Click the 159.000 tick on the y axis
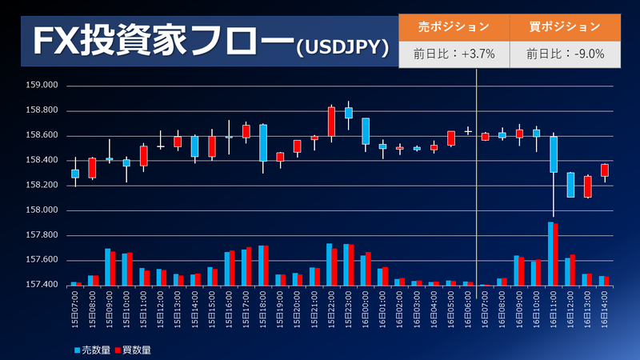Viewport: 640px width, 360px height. tap(42, 86)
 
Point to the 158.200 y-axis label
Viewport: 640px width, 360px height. tap(42, 185)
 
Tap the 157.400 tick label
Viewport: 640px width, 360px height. tap(42, 285)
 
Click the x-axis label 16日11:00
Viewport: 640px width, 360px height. tap(551, 307)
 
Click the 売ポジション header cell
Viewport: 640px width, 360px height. tap(454, 26)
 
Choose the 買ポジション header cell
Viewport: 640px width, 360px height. tap(565, 26)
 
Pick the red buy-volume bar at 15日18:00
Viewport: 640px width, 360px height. tap(266, 265)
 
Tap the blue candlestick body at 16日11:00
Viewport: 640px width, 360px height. tap(553, 154)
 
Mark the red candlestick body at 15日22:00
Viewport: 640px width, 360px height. tap(331, 121)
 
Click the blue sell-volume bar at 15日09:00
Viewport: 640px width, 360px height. tap(107, 266)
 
